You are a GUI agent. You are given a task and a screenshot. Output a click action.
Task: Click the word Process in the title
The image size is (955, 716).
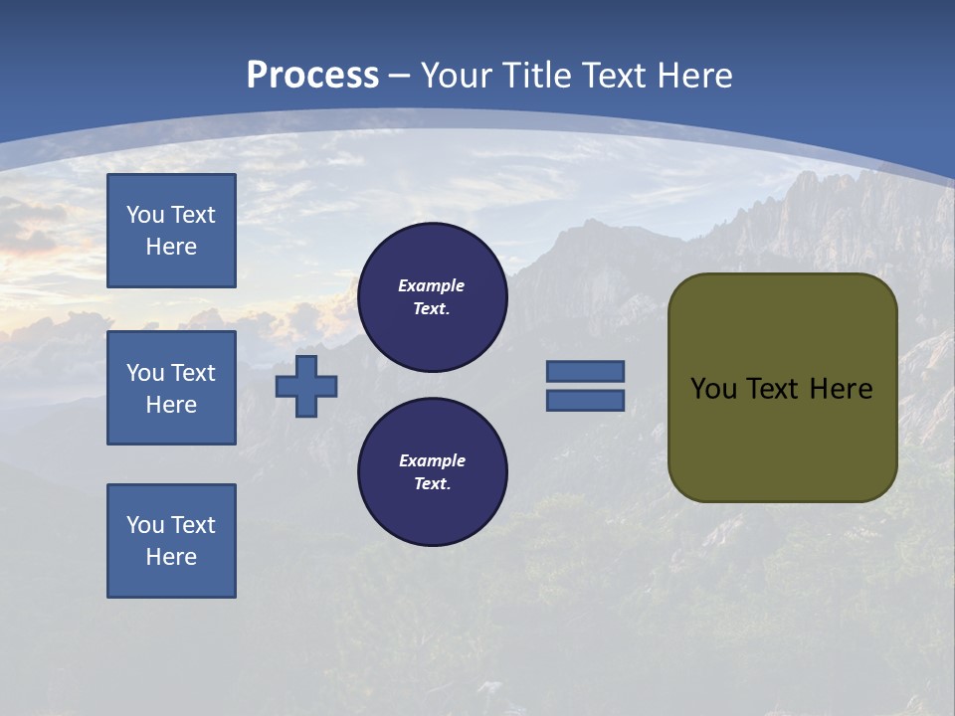pyautogui.click(x=312, y=76)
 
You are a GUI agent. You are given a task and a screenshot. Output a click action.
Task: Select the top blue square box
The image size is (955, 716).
pyautogui.click(x=171, y=231)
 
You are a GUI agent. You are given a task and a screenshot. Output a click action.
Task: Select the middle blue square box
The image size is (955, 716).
pyautogui.click(x=171, y=388)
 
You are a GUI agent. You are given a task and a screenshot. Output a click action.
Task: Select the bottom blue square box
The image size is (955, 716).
pyautogui.click(x=171, y=541)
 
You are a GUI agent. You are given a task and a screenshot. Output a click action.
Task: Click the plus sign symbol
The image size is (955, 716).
pyautogui.click(x=305, y=386)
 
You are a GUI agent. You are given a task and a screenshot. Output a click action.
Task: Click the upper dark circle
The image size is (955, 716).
pyautogui.click(x=433, y=297)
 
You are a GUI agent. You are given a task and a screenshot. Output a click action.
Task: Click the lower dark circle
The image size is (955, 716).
pyautogui.click(x=433, y=472)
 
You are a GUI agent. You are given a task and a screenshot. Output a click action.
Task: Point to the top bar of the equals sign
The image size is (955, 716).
pyautogui.click(x=585, y=372)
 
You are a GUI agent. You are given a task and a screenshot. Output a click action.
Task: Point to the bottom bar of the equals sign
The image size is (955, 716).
pyautogui.click(x=585, y=401)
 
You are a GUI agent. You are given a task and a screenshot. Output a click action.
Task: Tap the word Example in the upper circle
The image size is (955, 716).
pyautogui.click(x=432, y=285)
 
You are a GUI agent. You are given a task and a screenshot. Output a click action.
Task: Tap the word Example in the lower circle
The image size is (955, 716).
pyautogui.click(x=432, y=460)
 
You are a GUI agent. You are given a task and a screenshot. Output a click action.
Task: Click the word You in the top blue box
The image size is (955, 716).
pyautogui.click(x=145, y=215)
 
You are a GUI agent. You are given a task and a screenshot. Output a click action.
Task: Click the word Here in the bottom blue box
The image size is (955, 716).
pyautogui.click(x=171, y=557)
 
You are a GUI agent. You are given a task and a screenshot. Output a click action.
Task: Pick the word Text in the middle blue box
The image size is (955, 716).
pyautogui.click(x=193, y=373)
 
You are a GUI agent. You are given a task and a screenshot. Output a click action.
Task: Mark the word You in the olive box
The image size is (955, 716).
pyautogui.click(x=713, y=389)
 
